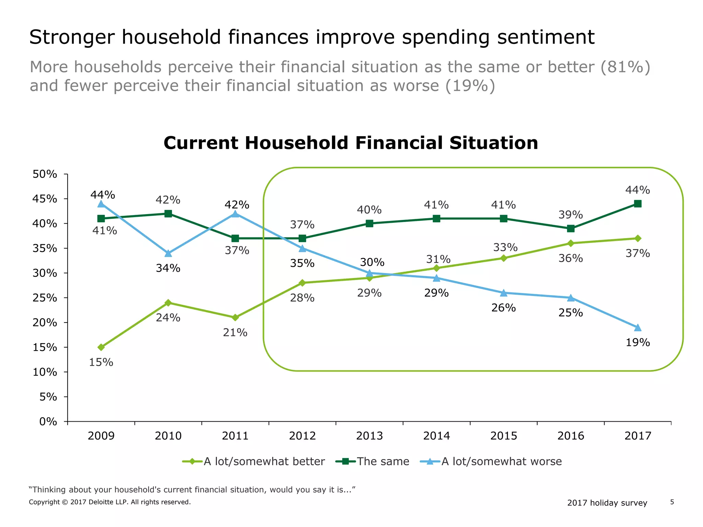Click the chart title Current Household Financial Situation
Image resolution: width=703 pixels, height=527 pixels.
(350, 143)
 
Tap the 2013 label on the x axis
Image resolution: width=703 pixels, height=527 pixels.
(369, 436)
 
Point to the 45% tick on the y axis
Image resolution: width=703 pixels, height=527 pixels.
(45, 199)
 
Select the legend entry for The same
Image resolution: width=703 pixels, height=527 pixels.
(373, 461)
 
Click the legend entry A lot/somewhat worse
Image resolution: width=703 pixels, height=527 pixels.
(491, 461)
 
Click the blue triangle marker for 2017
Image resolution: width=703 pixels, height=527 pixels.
(638, 328)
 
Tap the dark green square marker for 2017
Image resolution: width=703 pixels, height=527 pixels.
(638, 204)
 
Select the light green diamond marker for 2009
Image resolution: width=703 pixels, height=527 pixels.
(101, 347)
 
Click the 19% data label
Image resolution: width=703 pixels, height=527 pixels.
(638, 342)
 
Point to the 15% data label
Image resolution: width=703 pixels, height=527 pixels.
(101, 362)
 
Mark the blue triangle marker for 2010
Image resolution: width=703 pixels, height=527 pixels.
(168, 254)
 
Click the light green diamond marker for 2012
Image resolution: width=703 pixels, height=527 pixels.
(302, 283)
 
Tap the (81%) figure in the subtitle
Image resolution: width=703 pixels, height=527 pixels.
(625, 67)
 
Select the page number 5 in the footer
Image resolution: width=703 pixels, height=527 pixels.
(672, 502)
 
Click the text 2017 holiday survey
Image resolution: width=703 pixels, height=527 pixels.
(607, 503)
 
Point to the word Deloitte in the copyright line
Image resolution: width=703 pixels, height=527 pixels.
(102, 502)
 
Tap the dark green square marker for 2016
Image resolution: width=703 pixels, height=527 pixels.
(571, 229)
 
